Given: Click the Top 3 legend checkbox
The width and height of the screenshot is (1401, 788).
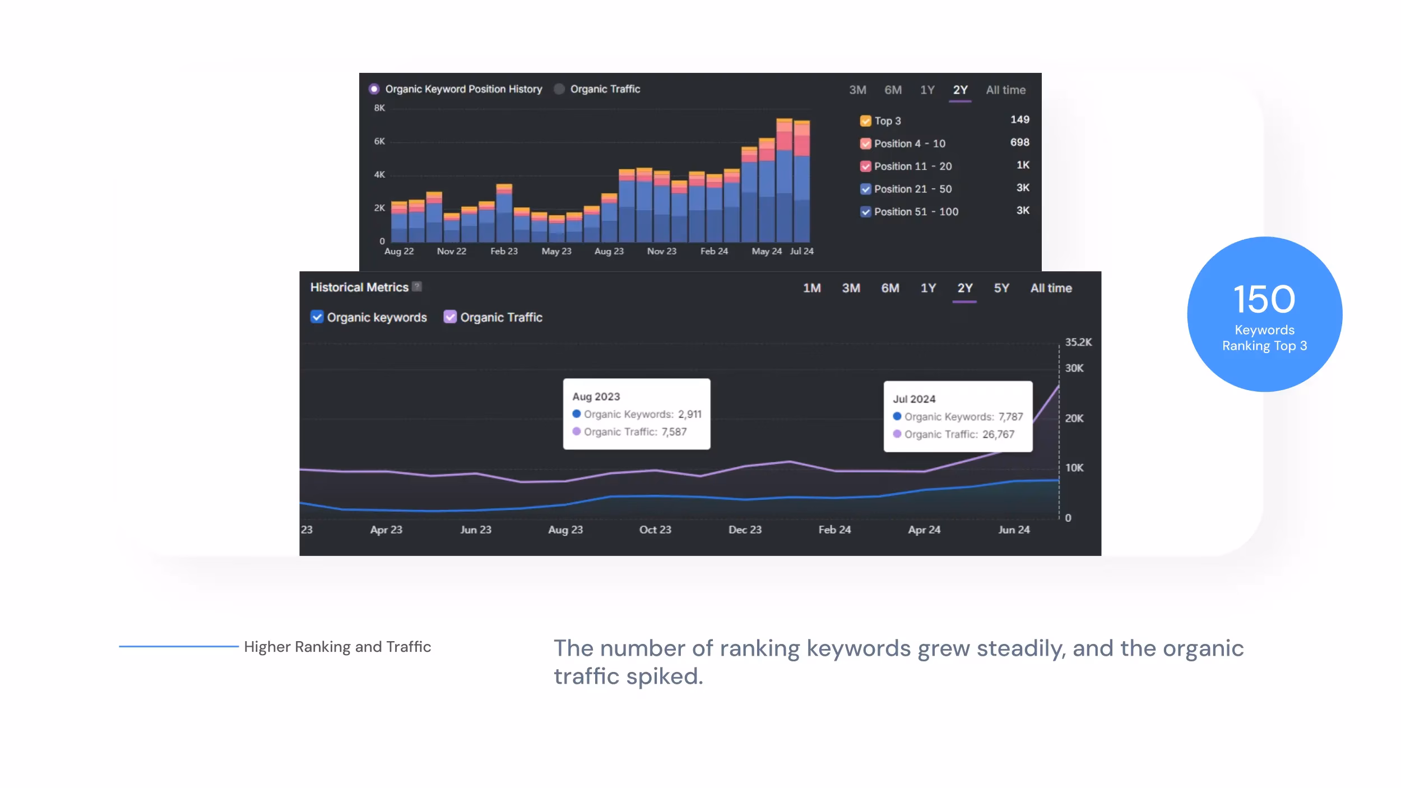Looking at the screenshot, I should pyautogui.click(x=865, y=121).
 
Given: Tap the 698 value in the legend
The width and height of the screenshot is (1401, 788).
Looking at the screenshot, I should pyautogui.click(x=1019, y=142).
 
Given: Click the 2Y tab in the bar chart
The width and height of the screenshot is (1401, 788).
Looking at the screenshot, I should pyautogui.click(x=960, y=90).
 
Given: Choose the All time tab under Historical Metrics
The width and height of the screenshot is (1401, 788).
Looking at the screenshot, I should pyautogui.click(x=1051, y=288).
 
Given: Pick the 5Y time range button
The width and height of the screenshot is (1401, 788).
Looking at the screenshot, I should pyautogui.click(x=1001, y=288).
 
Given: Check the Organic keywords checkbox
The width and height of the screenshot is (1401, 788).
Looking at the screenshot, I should pyautogui.click(x=317, y=317).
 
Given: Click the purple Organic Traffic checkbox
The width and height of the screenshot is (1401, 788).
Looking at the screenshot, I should pyautogui.click(x=450, y=317).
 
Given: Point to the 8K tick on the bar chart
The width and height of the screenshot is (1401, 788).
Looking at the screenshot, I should pyautogui.click(x=379, y=108).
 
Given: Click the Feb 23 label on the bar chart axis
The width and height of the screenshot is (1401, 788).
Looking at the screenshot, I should pyautogui.click(x=504, y=251).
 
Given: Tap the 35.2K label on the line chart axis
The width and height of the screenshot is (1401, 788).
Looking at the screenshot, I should pyautogui.click(x=1078, y=342).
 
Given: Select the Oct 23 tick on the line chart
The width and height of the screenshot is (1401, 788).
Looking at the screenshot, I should pyautogui.click(x=655, y=530).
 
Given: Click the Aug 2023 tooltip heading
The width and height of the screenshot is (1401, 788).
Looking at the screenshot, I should pyautogui.click(x=596, y=397).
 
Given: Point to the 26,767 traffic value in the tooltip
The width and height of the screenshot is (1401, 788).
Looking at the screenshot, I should pyautogui.click(x=998, y=434).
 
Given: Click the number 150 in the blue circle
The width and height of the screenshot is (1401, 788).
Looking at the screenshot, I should pyautogui.click(x=1264, y=299).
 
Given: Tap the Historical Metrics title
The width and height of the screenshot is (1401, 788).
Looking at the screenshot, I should pyautogui.click(x=359, y=288).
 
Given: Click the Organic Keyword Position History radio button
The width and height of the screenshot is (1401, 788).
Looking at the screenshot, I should pyautogui.click(x=374, y=89).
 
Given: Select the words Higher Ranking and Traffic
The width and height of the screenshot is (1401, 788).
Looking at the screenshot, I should pyautogui.click(x=337, y=647).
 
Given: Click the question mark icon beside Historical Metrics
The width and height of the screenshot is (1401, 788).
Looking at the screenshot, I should pyautogui.click(x=417, y=286).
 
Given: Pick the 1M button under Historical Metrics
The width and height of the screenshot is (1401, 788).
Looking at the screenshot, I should pyautogui.click(x=811, y=288).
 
